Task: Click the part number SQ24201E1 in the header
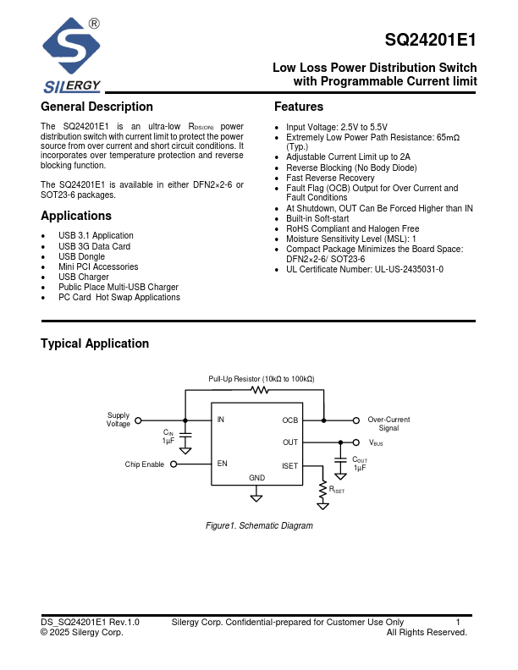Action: [x=430, y=40]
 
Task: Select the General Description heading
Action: [x=96, y=107]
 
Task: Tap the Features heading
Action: [x=299, y=107]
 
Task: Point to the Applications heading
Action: [x=76, y=216]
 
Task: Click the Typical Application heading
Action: [x=95, y=343]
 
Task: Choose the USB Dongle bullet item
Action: [x=81, y=256]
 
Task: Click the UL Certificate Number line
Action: [x=364, y=269]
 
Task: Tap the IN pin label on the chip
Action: [x=221, y=420]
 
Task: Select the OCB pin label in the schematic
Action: [x=290, y=420]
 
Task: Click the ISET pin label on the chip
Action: [x=290, y=464]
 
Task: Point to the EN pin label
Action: [x=222, y=464]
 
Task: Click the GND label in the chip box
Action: [x=257, y=478]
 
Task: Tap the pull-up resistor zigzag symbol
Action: [x=260, y=390]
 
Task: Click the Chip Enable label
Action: [x=144, y=464]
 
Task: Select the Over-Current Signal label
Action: [x=388, y=424]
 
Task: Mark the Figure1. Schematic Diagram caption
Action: [x=260, y=526]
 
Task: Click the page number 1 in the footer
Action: [x=458, y=623]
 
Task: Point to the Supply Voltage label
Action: [x=118, y=420]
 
